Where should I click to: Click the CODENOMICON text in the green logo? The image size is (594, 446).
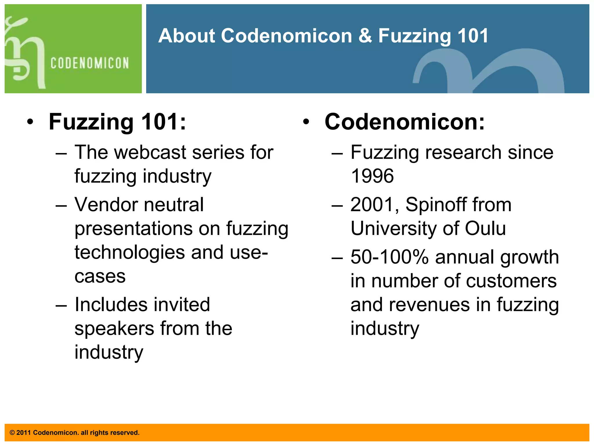click(90, 63)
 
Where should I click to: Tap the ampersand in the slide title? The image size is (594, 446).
click(365, 36)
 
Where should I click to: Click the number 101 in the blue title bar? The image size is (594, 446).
click(473, 36)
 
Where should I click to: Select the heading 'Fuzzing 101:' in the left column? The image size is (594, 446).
click(117, 122)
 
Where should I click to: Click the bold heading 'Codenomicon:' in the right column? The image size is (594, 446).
click(404, 122)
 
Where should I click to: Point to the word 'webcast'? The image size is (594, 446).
click(150, 152)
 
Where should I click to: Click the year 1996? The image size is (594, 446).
click(372, 176)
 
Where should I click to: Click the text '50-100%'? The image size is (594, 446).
click(389, 257)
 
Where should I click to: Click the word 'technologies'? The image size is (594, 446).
click(129, 252)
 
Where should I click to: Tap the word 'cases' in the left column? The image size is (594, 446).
click(100, 276)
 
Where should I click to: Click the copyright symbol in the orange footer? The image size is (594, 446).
click(12, 433)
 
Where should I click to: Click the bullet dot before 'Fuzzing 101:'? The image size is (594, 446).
click(30, 122)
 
